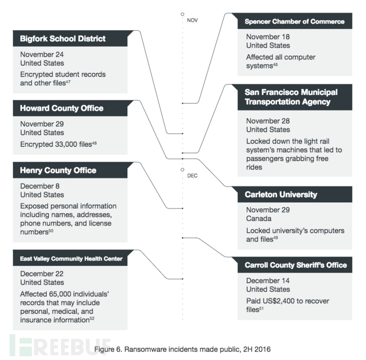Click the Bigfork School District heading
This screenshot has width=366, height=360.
point(63,39)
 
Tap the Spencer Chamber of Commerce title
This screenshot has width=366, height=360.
point(294,22)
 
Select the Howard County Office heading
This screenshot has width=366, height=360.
point(62,108)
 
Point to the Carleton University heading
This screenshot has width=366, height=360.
point(281,195)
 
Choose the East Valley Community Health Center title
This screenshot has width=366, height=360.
point(71,259)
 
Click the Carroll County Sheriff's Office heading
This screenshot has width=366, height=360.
point(296,265)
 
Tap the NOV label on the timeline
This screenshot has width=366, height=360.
point(193,21)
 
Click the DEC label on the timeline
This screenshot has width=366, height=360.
point(193,175)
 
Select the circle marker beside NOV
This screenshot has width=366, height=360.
point(182,14)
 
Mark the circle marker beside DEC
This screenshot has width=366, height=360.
point(182,170)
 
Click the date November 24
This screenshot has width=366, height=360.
point(42,55)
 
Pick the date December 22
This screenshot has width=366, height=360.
point(42,274)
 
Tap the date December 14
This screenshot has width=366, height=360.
point(268,280)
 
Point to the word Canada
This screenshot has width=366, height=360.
point(259,218)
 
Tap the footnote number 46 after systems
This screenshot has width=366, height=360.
point(275,64)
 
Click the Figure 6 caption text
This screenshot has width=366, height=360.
point(182,349)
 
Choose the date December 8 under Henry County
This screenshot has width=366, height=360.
point(40,186)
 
